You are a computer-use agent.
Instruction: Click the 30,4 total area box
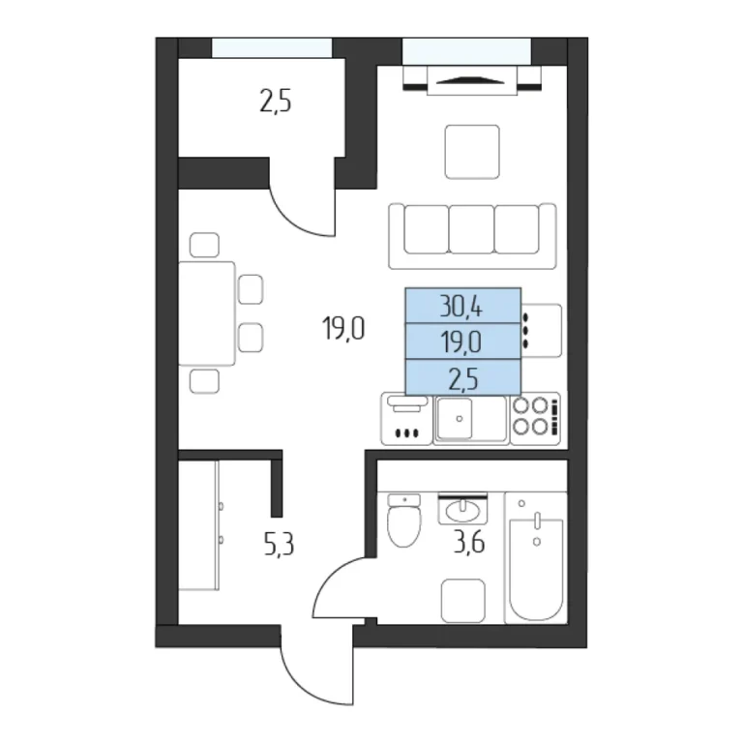click(463, 306)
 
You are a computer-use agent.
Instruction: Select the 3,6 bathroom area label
click(469, 543)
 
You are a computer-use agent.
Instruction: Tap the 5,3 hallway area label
click(279, 545)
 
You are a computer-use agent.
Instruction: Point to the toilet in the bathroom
click(403, 520)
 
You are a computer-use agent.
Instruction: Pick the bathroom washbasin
click(462, 510)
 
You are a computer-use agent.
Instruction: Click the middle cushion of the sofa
click(471, 229)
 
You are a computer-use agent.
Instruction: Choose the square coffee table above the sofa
click(472, 152)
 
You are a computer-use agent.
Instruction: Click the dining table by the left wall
click(207, 313)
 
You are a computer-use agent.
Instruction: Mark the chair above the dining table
click(204, 245)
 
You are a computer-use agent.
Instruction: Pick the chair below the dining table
click(204, 381)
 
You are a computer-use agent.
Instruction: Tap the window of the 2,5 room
click(272, 47)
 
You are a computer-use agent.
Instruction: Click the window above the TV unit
click(466, 51)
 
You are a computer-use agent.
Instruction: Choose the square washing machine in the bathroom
click(463, 601)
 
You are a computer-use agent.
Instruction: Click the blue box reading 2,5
click(463, 377)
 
